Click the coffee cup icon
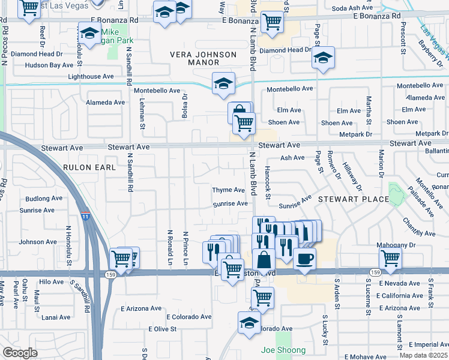[304, 259]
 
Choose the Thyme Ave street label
[228, 190]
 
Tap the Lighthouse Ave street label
[91, 77]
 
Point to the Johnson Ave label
[38, 242]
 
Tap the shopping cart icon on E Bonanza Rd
[273, 22]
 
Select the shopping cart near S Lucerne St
[390, 258]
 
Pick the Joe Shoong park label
[283, 350]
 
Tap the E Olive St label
[162, 329]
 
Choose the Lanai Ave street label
[41, 317]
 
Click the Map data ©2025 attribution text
[424, 355]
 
